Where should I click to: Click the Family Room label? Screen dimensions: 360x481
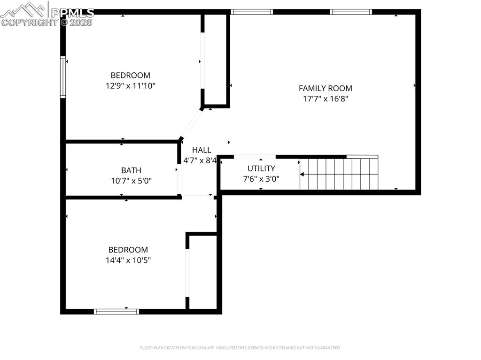coord(325,88)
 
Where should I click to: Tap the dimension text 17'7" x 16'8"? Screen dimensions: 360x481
coord(325,99)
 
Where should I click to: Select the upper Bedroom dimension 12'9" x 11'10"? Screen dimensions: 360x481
coord(131,86)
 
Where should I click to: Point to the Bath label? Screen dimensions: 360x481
coord(131,170)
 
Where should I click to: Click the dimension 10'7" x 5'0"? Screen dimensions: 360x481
coord(131,181)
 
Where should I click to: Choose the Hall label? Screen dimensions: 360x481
coord(202,150)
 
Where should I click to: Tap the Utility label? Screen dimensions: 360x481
coord(261,169)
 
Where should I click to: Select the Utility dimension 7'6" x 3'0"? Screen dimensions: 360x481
coord(261,179)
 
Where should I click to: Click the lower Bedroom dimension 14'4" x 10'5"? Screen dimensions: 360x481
coord(128,260)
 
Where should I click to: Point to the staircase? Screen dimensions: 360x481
coord(339,174)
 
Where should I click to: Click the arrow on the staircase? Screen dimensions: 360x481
coord(303,175)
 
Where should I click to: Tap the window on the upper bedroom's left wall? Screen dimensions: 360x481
coord(63,77)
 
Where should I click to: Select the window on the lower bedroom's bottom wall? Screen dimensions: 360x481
coord(116,311)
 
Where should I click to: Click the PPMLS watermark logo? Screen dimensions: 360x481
coord(47,14)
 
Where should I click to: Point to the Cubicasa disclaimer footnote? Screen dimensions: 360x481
coord(240,348)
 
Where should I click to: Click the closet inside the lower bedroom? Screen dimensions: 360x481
coord(202,272)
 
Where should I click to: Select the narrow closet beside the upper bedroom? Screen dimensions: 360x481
coord(216,59)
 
